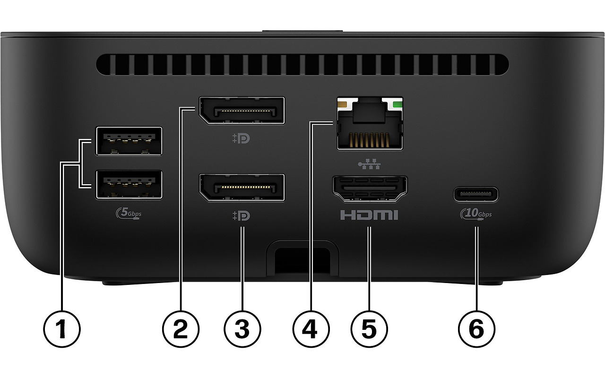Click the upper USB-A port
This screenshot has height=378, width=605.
point(129,141)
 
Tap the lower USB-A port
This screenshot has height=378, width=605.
point(129,184)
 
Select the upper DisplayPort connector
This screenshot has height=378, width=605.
point(242,111)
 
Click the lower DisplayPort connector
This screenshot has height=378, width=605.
point(242,188)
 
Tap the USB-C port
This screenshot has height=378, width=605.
point(475,194)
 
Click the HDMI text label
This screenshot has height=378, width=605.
point(369,216)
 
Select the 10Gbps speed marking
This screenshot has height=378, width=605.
point(475,214)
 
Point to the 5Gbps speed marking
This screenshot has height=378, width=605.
point(128,214)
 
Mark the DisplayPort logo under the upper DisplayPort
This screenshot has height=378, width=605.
point(242,139)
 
